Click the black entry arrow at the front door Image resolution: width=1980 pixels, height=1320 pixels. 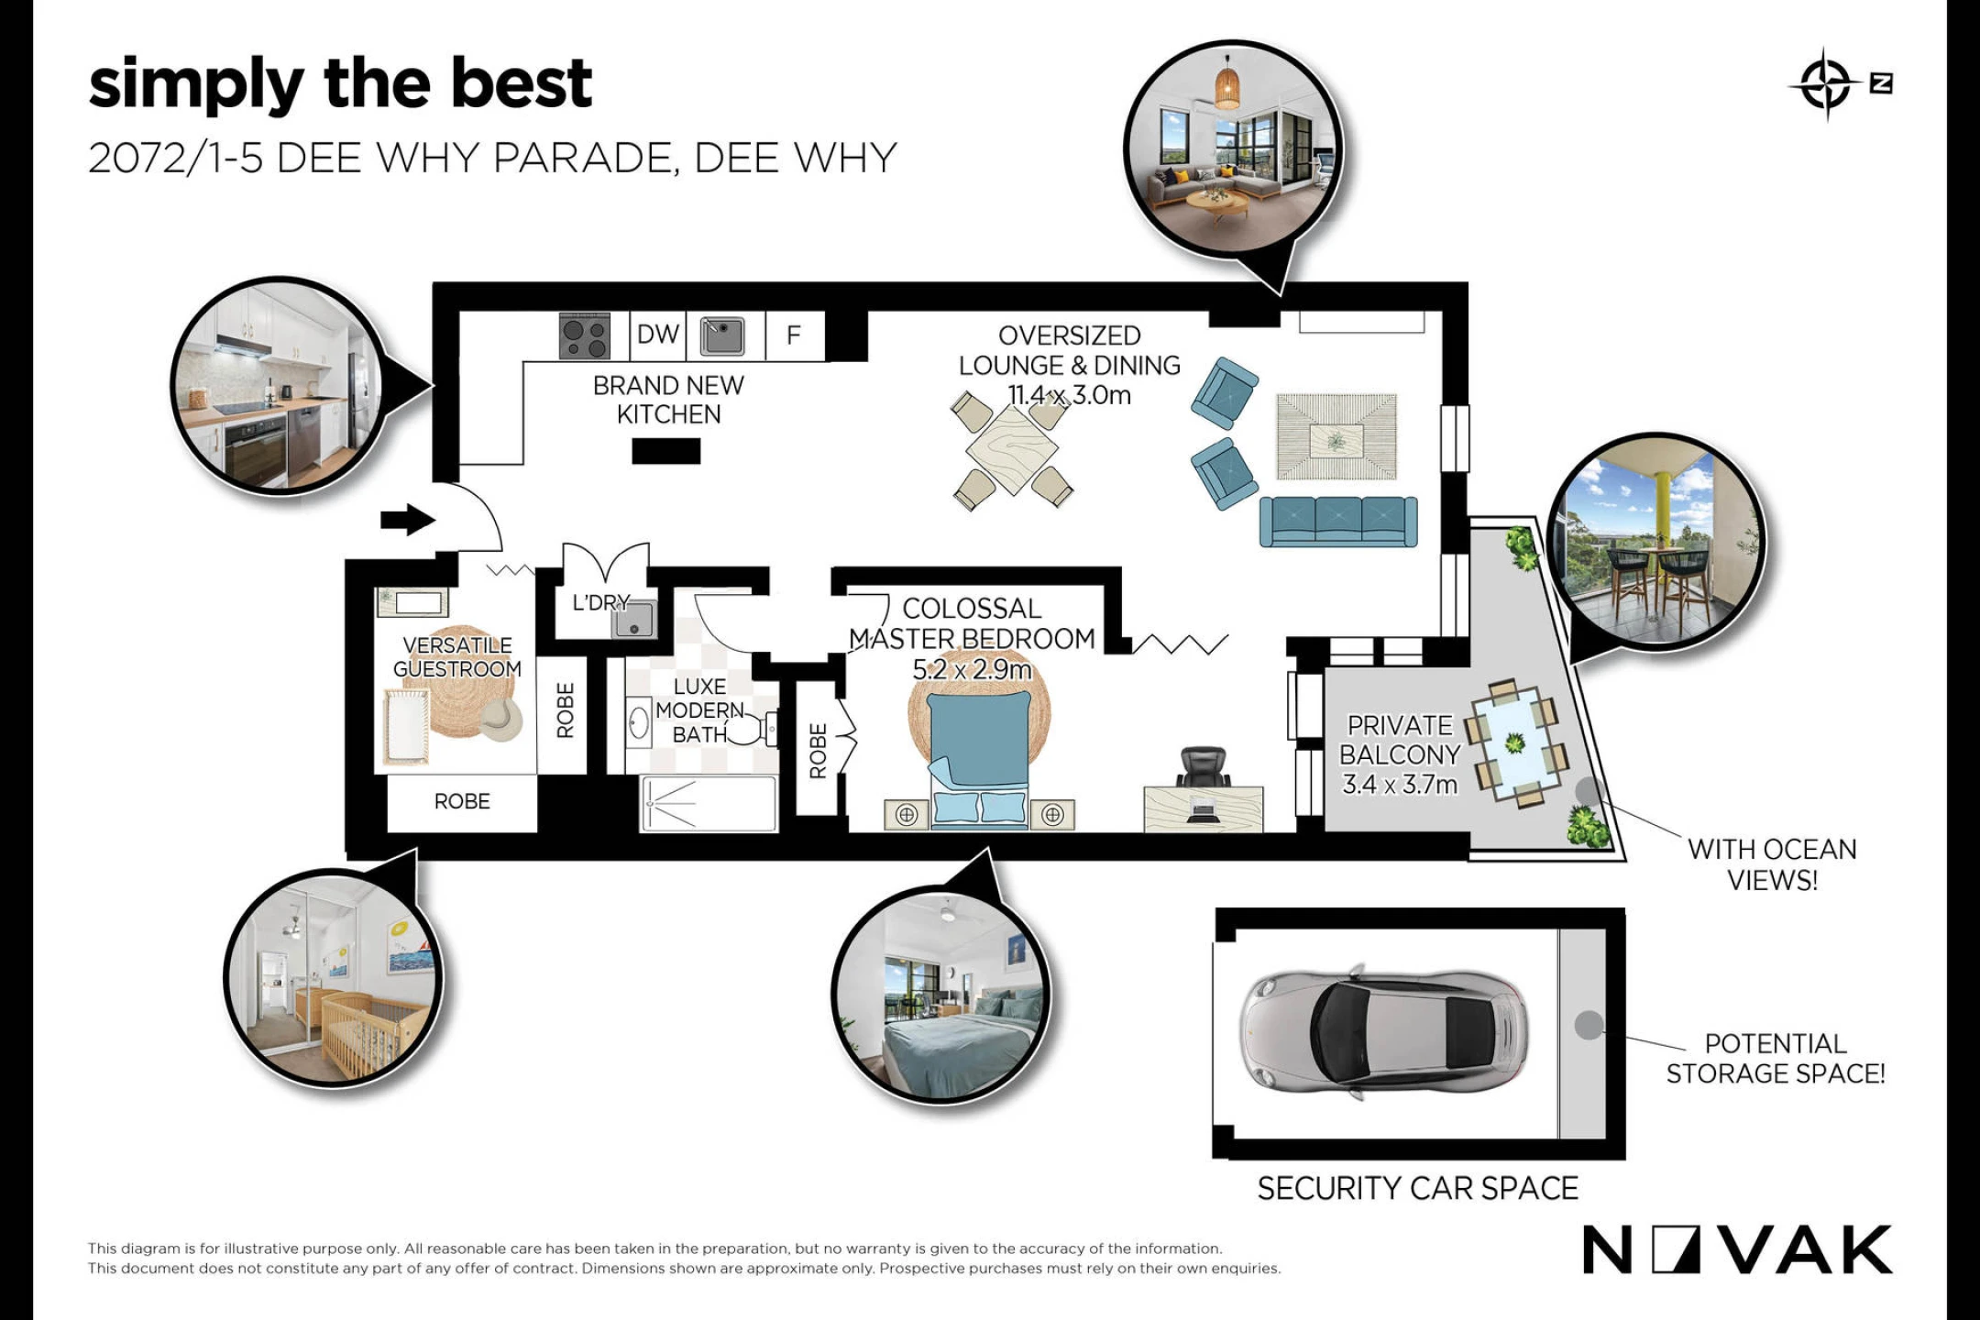[408, 520]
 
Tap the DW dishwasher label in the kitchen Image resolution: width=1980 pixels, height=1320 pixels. [658, 335]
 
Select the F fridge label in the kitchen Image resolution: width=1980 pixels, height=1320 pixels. [794, 335]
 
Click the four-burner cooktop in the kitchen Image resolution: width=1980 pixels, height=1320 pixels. [585, 335]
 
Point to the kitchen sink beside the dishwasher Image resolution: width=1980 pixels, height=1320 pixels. [722, 335]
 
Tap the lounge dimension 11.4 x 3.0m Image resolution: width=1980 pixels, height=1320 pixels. [1070, 395]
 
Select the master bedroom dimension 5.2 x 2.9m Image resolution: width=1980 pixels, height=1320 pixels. [972, 669]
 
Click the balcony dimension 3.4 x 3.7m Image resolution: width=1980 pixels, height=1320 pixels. [1400, 785]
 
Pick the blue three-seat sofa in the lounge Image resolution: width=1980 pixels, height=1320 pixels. [1338, 522]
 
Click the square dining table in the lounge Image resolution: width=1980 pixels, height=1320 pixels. [1011, 450]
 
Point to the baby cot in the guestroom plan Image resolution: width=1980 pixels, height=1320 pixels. [407, 727]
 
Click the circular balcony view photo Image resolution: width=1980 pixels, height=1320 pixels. [1655, 541]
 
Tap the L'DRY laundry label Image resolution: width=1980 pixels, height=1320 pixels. [601, 602]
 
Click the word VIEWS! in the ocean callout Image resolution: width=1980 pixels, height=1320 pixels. [1772, 881]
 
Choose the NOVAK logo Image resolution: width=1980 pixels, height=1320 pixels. [1737, 1249]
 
